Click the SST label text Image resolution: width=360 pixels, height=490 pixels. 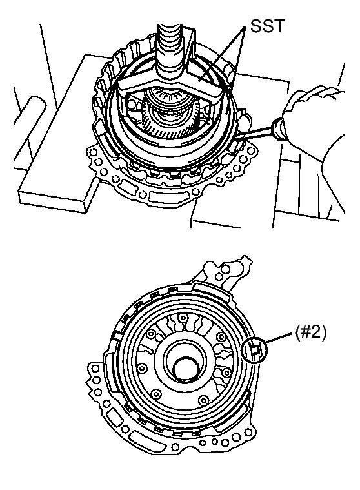[x=268, y=26]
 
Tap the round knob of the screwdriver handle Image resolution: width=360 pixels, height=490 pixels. [x=278, y=129]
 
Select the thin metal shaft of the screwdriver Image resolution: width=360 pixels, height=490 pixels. [x=254, y=134]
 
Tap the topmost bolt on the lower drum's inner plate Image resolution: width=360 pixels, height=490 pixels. [x=183, y=318]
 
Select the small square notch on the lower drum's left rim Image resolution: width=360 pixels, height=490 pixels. [x=117, y=336]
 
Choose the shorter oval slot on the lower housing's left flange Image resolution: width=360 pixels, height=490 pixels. [x=114, y=418]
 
